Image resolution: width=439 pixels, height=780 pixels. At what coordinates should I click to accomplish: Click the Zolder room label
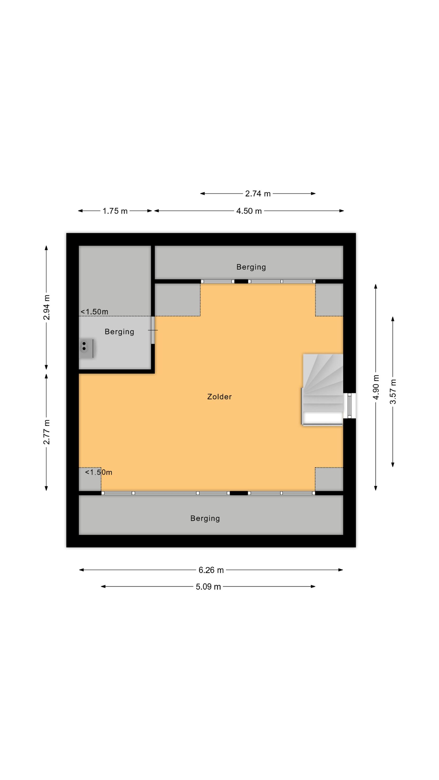(x=219, y=397)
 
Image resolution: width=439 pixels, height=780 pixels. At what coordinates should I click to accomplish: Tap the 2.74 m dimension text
(x=257, y=194)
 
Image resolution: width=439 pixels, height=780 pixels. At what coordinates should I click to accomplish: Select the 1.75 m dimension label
(x=115, y=211)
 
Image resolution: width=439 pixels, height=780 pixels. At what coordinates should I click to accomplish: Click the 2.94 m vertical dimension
(x=47, y=307)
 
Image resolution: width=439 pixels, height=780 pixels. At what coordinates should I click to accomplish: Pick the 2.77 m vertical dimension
(x=47, y=432)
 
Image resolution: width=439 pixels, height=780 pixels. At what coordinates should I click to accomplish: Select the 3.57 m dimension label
(x=393, y=392)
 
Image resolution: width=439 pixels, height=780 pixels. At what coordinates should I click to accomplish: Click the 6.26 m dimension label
(x=211, y=570)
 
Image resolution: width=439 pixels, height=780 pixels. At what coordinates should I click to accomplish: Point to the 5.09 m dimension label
(x=208, y=587)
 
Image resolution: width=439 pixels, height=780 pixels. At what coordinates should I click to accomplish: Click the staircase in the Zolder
(x=322, y=390)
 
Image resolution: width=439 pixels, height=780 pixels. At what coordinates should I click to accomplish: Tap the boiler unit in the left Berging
(x=86, y=348)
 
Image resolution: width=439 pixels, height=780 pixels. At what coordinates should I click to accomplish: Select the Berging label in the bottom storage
(x=205, y=518)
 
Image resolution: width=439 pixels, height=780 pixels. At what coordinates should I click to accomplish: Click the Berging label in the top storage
(x=251, y=267)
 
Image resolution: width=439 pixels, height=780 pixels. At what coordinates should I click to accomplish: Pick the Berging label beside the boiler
(x=119, y=332)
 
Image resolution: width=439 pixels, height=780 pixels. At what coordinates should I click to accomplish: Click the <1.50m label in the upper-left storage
(x=94, y=311)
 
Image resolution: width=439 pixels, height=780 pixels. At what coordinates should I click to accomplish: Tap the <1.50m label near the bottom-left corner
(x=99, y=472)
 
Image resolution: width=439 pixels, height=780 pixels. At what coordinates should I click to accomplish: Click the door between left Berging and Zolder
(x=153, y=330)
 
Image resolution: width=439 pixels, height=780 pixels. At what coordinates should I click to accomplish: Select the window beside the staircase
(x=350, y=406)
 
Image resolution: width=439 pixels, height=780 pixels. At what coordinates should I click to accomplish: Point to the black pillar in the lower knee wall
(x=239, y=493)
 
